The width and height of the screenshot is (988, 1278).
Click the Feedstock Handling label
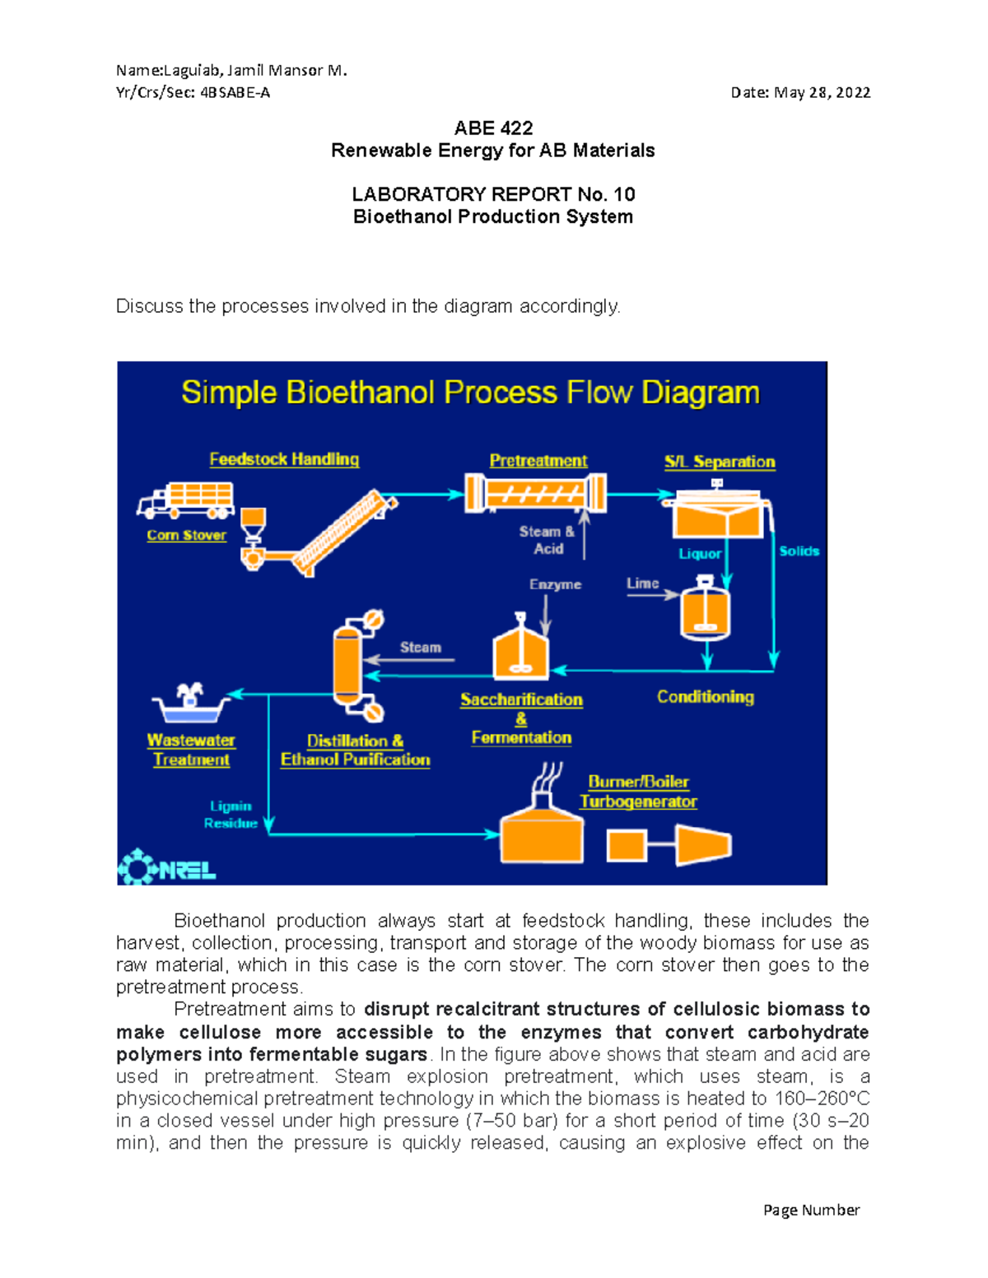pyautogui.click(x=284, y=459)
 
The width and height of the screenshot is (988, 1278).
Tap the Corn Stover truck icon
pyautogui.click(x=186, y=500)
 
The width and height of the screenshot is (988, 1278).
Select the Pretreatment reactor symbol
pyautogui.click(x=536, y=494)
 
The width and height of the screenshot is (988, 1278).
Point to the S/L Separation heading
pyautogui.click(x=720, y=462)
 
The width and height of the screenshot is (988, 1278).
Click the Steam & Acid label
pyautogui.click(x=547, y=540)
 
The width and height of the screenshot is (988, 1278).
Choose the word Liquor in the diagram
pyautogui.click(x=700, y=554)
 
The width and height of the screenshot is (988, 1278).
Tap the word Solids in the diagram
pyautogui.click(x=799, y=551)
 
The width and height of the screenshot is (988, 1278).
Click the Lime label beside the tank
pyautogui.click(x=642, y=583)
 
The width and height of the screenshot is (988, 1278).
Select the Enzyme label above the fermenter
pyautogui.click(x=555, y=584)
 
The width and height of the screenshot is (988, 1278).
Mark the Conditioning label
pyautogui.click(x=705, y=697)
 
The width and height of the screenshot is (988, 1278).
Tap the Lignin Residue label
pyautogui.click(x=231, y=815)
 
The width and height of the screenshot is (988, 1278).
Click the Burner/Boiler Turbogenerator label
pyautogui.click(x=638, y=792)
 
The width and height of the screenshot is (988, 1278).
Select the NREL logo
pyautogui.click(x=167, y=867)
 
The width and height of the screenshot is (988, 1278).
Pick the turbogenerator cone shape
pyautogui.click(x=703, y=845)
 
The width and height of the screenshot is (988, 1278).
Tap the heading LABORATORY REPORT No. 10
pyautogui.click(x=493, y=194)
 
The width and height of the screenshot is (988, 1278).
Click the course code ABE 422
pyautogui.click(x=493, y=128)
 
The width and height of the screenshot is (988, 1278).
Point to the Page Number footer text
pyautogui.click(x=811, y=1210)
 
